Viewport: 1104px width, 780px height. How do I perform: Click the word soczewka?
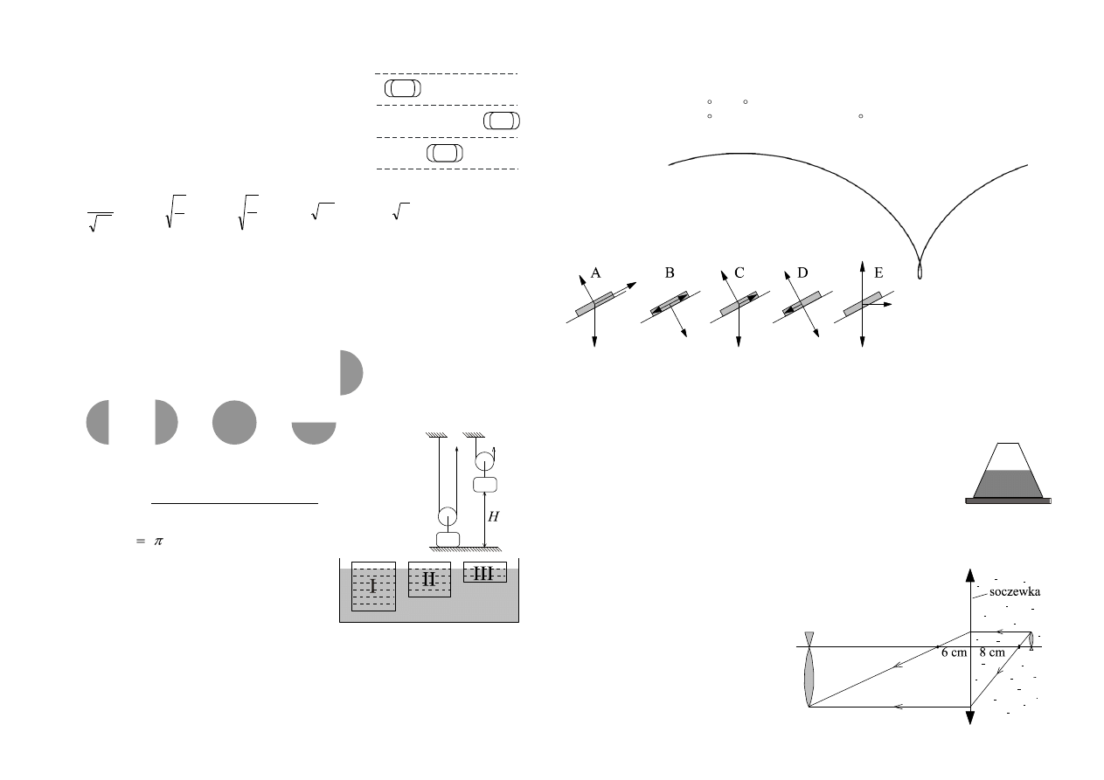(1014, 591)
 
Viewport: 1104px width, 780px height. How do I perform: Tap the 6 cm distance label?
(954, 652)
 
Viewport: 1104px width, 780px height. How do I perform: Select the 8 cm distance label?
(991, 652)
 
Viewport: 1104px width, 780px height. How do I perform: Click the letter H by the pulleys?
(493, 516)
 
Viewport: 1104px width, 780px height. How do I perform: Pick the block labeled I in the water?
(373, 586)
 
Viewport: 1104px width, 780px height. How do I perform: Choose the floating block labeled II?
(429, 579)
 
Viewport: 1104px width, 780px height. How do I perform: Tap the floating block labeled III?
(484, 572)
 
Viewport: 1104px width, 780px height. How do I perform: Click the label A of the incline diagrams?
(595, 273)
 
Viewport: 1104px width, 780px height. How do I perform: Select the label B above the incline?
(670, 273)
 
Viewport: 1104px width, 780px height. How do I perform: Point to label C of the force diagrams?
(739, 273)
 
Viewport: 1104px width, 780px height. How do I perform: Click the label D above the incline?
(802, 273)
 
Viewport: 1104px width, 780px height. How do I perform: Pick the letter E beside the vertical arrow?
(878, 273)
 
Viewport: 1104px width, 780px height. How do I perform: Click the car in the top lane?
(403, 88)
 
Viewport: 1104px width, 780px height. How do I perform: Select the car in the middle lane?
(501, 121)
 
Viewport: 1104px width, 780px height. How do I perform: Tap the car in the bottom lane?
(445, 153)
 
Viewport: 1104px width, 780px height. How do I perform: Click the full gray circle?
(234, 423)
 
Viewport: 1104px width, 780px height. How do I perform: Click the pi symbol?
(158, 542)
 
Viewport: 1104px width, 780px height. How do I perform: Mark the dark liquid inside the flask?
(1008, 483)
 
